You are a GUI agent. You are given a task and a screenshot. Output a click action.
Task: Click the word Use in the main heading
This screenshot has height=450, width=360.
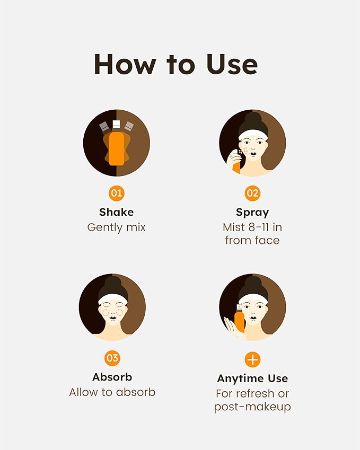click(x=232, y=64)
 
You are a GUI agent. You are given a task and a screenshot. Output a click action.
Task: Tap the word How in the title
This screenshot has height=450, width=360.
click(x=125, y=64)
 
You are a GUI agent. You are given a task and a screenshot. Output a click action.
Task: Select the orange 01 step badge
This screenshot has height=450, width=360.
click(x=116, y=193)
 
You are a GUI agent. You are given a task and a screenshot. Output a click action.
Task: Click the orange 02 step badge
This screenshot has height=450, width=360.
click(x=252, y=193)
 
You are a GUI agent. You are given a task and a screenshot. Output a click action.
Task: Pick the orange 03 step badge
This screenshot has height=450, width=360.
click(x=112, y=358)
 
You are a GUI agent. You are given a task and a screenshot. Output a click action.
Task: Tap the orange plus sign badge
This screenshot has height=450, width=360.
click(x=252, y=359)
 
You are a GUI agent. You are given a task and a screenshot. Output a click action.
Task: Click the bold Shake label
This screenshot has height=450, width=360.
click(x=116, y=212)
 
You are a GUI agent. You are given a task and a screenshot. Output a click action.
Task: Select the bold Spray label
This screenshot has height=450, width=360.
click(x=252, y=213)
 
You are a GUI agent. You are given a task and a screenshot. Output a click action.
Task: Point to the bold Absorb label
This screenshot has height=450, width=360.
click(x=112, y=377)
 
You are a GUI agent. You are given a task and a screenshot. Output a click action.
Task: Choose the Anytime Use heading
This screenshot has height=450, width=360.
click(x=252, y=379)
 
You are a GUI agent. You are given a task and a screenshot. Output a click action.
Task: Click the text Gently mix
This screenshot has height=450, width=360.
click(x=116, y=227)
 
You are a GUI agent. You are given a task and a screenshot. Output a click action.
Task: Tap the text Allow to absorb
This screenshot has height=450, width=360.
click(x=112, y=392)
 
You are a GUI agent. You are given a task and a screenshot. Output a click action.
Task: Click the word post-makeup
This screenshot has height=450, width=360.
click(x=252, y=407)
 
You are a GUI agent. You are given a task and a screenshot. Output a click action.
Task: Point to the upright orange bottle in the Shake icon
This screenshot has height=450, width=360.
click(x=116, y=147)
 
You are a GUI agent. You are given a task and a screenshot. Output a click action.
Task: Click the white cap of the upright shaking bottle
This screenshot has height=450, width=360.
click(x=116, y=124)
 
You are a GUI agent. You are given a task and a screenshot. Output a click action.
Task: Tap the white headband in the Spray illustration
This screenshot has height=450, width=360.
click(x=253, y=134)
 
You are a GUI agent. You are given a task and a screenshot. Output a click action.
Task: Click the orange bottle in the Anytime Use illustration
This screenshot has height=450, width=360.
click(x=239, y=319)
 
